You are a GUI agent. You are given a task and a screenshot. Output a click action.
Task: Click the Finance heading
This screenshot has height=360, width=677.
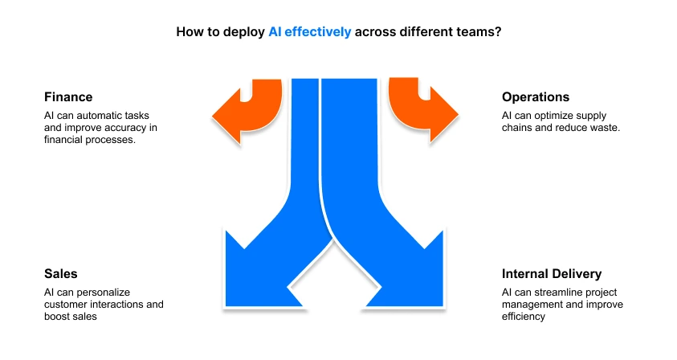(68, 96)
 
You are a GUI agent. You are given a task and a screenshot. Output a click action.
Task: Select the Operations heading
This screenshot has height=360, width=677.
(536, 97)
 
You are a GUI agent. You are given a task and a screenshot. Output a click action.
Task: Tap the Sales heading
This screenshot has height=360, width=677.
(61, 273)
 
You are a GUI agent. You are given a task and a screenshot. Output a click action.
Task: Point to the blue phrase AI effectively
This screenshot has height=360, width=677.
(309, 31)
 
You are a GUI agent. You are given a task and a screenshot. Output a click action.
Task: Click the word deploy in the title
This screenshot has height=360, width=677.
(244, 32)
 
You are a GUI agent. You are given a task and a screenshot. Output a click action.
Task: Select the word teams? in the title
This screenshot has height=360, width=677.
(479, 31)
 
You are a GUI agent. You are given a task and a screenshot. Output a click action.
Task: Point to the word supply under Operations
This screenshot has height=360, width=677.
(592, 117)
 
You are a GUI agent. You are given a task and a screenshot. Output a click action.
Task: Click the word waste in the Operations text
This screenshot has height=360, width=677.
(605, 128)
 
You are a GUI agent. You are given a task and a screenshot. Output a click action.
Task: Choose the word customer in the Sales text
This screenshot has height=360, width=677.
(63, 305)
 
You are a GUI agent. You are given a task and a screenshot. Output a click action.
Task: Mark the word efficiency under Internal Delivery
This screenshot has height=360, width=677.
(524, 317)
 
